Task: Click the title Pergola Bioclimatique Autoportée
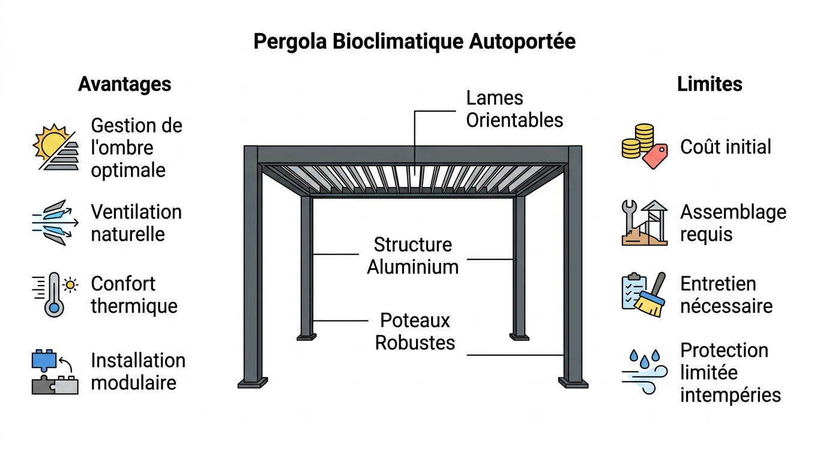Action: (414, 42)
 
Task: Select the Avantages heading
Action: (124, 84)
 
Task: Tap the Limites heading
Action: (710, 84)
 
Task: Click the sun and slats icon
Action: (55, 148)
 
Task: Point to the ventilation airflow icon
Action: (55, 223)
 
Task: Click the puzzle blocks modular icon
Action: (55, 372)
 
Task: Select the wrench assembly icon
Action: (644, 223)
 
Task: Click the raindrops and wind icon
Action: (644, 372)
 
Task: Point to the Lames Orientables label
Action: (514, 109)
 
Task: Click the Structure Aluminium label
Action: (413, 256)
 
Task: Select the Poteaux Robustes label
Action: (415, 331)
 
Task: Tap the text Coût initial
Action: (725, 147)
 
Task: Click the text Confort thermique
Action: (134, 295)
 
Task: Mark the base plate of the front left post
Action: (253, 383)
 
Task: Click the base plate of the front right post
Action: (573, 383)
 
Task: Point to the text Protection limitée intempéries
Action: (730, 373)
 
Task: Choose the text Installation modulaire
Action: (137, 372)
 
